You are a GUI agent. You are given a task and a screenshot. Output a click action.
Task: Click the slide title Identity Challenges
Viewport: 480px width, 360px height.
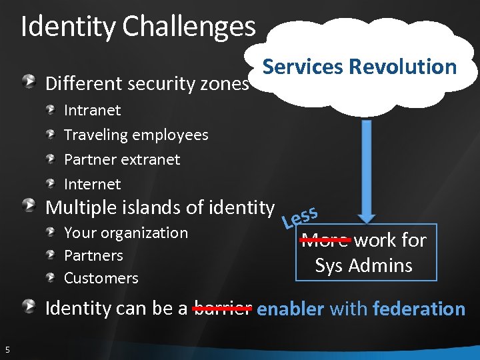point(138,27)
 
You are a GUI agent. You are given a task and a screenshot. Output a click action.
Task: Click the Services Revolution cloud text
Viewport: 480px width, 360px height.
point(359,67)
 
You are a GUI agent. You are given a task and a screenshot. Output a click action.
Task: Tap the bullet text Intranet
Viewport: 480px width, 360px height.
point(92,110)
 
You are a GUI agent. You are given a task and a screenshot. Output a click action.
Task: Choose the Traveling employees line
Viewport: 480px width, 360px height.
point(136,135)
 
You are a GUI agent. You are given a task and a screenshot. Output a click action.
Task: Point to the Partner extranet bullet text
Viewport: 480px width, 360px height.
point(122,159)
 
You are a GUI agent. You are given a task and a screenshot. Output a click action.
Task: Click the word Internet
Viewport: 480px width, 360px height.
point(92,184)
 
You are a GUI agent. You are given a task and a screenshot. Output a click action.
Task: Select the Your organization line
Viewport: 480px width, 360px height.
point(125,233)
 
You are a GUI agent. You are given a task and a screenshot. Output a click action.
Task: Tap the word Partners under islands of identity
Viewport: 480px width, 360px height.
point(93,255)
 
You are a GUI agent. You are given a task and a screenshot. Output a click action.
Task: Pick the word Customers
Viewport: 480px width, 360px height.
point(101,278)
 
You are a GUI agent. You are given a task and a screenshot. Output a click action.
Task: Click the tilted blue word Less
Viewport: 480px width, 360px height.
point(299,216)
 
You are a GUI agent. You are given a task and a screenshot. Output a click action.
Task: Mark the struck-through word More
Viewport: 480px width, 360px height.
point(325,240)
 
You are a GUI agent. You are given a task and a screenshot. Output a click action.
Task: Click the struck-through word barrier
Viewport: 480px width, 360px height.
point(223,309)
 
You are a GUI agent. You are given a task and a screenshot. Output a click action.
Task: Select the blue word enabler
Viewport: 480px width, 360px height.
point(290,309)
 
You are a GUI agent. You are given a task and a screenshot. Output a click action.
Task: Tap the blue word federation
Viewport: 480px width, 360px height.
point(419,309)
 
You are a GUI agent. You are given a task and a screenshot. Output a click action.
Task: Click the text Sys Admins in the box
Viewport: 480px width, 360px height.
point(363,265)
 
